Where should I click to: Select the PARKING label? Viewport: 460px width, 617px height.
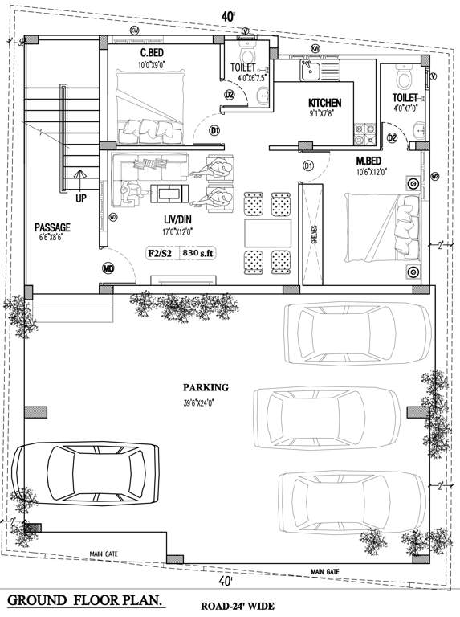tap(205, 386)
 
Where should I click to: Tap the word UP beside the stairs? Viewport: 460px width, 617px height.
tap(81, 198)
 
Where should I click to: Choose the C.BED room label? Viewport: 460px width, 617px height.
tap(153, 52)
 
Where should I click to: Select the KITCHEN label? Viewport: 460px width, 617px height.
tap(325, 103)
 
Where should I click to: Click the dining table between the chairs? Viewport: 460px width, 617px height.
tap(267, 232)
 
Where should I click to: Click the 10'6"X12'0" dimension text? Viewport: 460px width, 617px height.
tap(372, 171)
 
